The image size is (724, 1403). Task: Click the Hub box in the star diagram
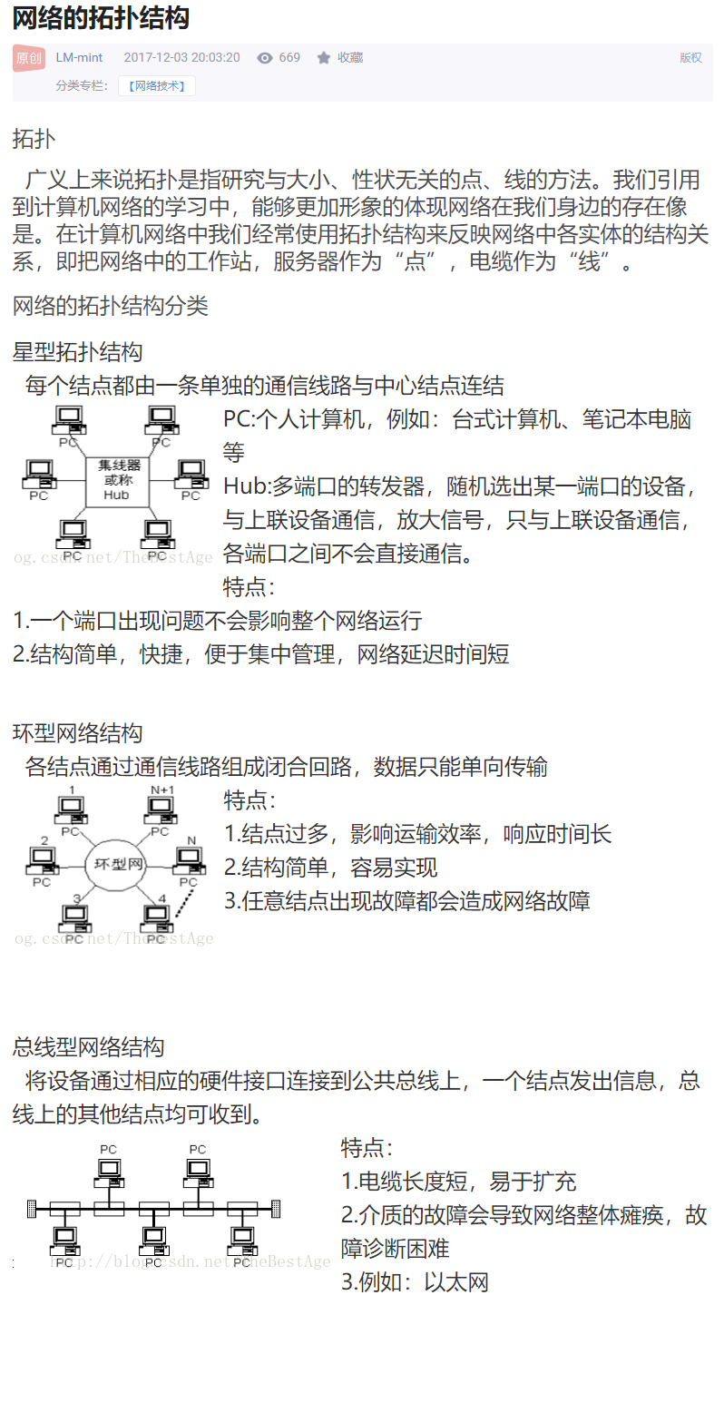tap(116, 481)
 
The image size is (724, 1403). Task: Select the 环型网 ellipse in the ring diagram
tap(115, 863)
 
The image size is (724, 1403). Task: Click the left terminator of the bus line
tap(32, 1209)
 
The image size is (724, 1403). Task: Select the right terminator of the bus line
tap(276, 1209)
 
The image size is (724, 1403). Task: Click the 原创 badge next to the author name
tap(28, 58)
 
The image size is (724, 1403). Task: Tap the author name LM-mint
tap(79, 57)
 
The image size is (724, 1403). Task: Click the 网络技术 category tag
tap(156, 86)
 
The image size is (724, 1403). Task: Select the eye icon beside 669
tap(265, 58)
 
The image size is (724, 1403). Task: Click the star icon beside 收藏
tap(324, 58)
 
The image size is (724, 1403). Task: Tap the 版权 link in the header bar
tap(690, 57)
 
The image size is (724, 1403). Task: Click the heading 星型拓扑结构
tap(77, 352)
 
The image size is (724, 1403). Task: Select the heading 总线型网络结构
tap(88, 1048)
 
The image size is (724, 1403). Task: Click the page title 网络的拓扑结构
tap(101, 19)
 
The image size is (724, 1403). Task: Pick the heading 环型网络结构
tap(77, 733)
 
